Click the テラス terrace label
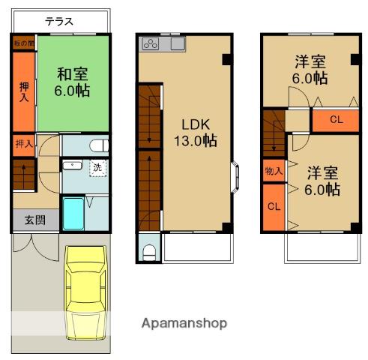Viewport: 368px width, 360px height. point(59,22)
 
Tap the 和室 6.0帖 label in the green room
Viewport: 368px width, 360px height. point(72,82)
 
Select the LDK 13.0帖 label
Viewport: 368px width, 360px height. point(196,133)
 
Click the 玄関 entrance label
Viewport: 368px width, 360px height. point(35,220)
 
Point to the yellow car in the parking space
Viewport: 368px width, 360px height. point(85,292)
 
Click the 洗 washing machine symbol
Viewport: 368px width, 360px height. point(97,168)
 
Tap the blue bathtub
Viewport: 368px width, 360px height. point(73,214)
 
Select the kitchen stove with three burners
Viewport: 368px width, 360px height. point(151,43)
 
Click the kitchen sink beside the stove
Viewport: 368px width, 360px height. point(178,43)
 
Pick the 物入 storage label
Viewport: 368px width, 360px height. point(274,171)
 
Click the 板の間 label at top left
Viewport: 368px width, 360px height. point(24,43)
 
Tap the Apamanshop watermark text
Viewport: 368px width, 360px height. point(184,323)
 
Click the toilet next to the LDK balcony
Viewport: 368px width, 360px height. point(149,253)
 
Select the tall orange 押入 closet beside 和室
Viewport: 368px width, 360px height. point(24,91)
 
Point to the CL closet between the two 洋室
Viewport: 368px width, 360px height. point(336,121)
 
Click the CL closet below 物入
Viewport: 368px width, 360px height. point(274,208)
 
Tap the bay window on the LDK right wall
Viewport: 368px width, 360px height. point(235,177)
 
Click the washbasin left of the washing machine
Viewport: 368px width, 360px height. point(72,165)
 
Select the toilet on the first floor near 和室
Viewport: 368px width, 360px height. point(99,145)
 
